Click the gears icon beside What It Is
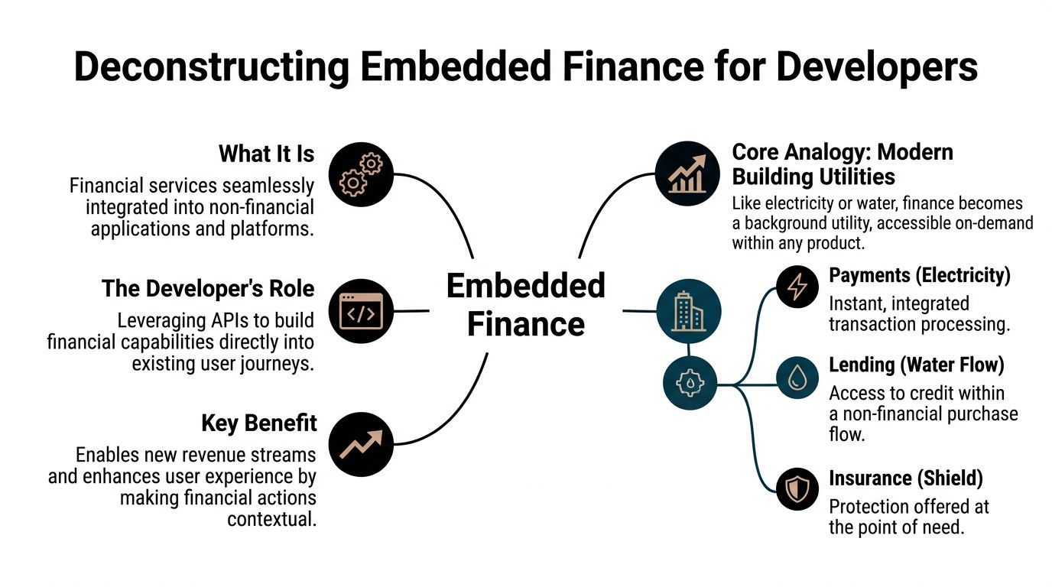(x=361, y=174)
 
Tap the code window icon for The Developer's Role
(x=361, y=311)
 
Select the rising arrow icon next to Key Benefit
(x=361, y=444)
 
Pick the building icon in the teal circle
(x=688, y=311)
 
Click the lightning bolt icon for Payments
(x=797, y=287)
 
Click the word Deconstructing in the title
(x=211, y=66)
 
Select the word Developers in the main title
(x=877, y=66)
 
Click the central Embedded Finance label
(x=525, y=305)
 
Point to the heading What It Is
(x=266, y=154)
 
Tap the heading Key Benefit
(x=258, y=423)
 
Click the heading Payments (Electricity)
(x=920, y=275)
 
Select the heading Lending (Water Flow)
(x=916, y=365)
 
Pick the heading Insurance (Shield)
(x=905, y=478)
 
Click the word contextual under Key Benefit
(x=271, y=519)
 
